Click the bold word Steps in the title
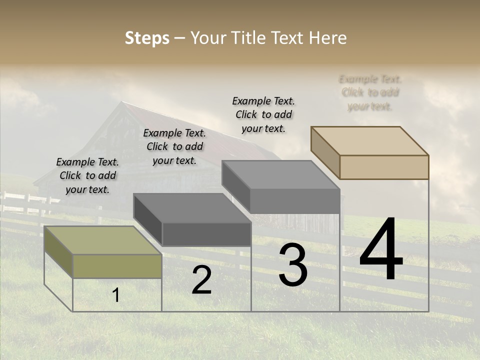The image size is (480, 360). click(147, 38)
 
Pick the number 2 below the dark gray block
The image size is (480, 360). click(201, 280)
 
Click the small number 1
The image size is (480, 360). click(116, 295)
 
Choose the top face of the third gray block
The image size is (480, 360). click(280, 174)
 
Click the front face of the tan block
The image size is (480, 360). click(384, 167)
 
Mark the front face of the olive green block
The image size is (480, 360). click(117, 266)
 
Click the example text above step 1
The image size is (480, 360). click(87, 175)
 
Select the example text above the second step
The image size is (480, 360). click(174, 146)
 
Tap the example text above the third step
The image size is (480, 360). click(263, 114)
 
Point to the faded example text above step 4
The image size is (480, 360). click(370, 92)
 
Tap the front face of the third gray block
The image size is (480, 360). click(295, 201)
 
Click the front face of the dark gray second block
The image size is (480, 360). click(206, 234)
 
